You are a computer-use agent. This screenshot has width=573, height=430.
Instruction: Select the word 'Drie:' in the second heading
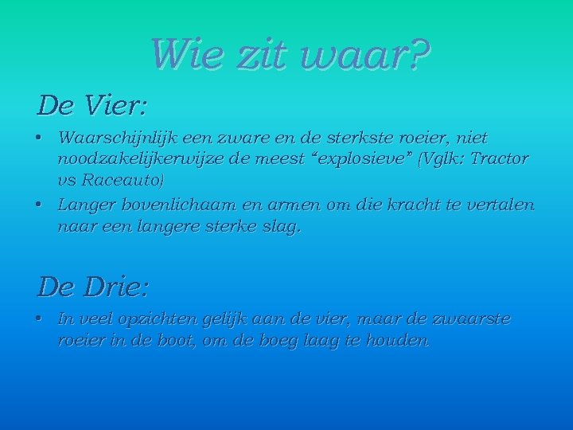pos(120,285)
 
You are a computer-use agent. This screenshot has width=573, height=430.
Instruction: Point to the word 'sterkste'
pos(354,138)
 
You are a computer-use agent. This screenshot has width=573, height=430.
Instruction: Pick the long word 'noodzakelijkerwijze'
pos(134,158)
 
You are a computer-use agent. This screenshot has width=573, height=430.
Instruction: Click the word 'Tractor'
pos(498,158)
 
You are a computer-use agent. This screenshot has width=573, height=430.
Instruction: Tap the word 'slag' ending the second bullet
pos(285,227)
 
